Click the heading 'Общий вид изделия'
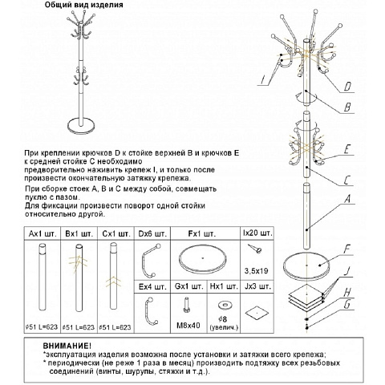[83, 5]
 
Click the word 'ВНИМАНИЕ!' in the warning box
[67, 346]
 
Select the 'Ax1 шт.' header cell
[43, 234]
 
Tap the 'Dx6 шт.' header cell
[152, 234]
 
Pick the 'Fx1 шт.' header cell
[202, 234]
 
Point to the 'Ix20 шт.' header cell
[257, 233]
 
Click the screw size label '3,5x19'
[256, 271]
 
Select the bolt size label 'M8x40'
[188, 326]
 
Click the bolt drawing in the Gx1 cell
[187, 306]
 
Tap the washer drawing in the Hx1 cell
[225, 305]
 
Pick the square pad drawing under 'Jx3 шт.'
[257, 313]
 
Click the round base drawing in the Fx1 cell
[203, 259]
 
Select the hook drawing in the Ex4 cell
[151, 311]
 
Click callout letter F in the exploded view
[346, 249]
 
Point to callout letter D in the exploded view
[347, 87]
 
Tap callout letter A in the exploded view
[347, 199]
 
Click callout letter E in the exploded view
[346, 149]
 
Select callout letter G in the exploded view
[346, 304]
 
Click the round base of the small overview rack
[81, 126]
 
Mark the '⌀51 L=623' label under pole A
[42, 327]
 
